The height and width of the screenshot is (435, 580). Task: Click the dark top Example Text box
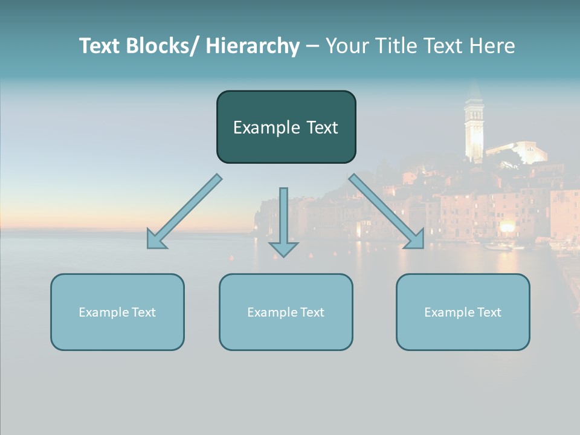point(286,127)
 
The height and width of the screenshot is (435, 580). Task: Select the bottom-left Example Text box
point(117,312)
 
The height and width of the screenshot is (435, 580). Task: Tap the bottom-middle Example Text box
point(286,312)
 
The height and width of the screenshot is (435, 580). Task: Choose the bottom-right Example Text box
point(463,312)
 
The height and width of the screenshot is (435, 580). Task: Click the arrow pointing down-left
point(184,211)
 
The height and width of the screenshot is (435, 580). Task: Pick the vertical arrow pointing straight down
point(283,221)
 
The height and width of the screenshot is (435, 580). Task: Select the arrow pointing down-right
point(387,211)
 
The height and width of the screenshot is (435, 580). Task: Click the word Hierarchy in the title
point(253,46)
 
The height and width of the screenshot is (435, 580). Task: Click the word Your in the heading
point(346,46)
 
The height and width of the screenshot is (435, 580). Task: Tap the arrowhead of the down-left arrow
point(155,240)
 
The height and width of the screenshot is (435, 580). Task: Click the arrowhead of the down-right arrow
point(415,240)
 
